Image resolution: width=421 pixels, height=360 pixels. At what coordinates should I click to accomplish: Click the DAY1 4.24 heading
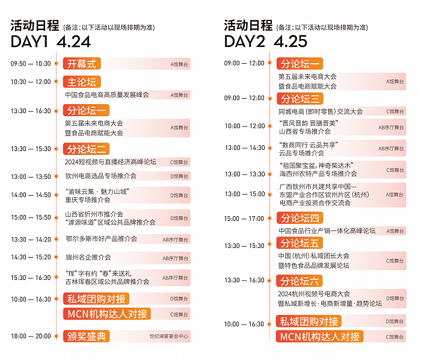click(51, 42)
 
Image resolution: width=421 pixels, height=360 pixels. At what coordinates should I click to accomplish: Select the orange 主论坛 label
click(81, 82)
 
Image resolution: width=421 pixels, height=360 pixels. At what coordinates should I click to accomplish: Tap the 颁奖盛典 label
click(87, 336)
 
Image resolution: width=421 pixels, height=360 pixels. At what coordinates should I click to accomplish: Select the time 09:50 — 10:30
click(31, 64)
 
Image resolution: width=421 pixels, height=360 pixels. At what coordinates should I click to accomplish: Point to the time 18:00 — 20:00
click(31, 336)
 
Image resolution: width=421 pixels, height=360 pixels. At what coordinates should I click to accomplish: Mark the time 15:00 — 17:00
click(244, 219)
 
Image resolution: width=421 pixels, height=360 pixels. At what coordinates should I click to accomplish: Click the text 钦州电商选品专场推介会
click(101, 176)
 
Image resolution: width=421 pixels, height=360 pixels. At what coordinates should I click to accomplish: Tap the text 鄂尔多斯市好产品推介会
click(101, 239)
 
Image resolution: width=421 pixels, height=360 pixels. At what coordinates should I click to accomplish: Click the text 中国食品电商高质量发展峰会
click(107, 95)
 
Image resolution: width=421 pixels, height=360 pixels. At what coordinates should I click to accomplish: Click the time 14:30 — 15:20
click(31, 257)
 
